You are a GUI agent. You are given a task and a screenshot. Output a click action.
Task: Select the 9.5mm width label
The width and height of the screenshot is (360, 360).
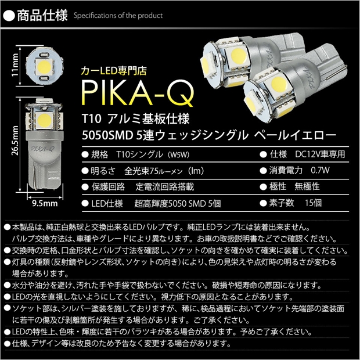pos(44,204)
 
